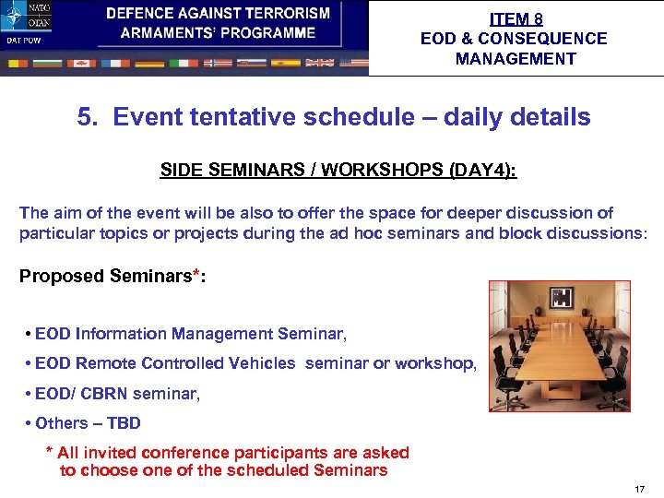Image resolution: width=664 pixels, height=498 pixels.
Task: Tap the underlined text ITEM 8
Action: tap(516, 18)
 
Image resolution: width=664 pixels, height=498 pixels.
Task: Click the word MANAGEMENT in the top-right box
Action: tap(516, 59)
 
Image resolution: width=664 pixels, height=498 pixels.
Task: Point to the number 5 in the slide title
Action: tap(86, 118)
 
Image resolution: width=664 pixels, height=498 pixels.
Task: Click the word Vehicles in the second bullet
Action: tap(263, 363)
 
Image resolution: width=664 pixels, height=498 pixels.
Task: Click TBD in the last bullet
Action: tap(124, 423)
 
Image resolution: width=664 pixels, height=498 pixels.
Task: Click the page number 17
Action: tap(640, 488)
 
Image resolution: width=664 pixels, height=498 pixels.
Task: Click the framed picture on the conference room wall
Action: tap(561, 298)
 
